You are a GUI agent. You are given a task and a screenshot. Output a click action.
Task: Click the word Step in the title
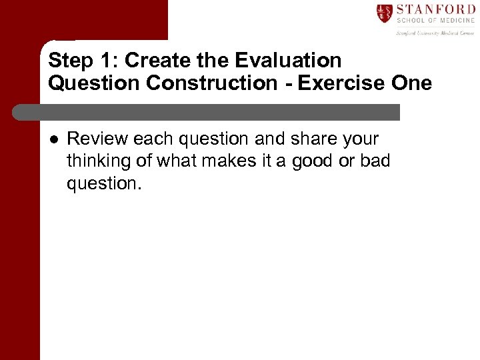click(x=69, y=61)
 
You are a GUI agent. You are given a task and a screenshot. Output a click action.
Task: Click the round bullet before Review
click(x=53, y=139)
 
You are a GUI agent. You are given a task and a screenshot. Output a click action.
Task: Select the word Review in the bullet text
click(x=97, y=139)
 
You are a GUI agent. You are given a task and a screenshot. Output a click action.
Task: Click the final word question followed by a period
click(x=104, y=183)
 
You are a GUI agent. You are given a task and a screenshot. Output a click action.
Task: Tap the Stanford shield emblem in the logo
click(x=385, y=13)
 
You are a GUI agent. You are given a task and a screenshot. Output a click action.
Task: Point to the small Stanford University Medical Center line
click(x=435, y=31)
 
